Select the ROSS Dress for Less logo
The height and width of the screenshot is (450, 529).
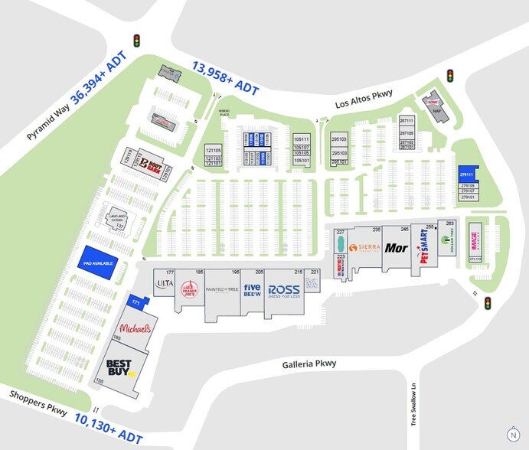coord(282,292)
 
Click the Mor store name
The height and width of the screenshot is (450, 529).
coord(397,248)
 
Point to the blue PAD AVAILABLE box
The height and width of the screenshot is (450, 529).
coord(99,262)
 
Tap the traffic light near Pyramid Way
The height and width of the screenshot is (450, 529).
coord(138,41)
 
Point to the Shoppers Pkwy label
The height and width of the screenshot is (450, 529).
coord(38,404)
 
